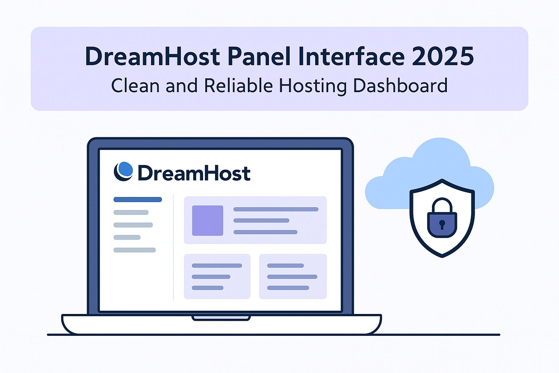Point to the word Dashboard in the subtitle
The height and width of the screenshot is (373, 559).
click(x=400, y=86)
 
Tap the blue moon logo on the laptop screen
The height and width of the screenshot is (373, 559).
click(x=123, y=171)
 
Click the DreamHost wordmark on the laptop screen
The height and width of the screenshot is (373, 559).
click(x=194, y=173)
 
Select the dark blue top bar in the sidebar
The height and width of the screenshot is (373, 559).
click(x=138, y=199)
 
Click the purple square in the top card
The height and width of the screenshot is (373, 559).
click(x=208, y=220)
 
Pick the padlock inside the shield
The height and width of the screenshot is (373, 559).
click(x=442, y=217)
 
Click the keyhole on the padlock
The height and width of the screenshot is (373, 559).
click(x=442, y=224)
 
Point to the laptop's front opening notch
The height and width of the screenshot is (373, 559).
click(x=221, y=318)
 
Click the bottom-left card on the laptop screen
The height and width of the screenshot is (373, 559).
click(x=217, y=276)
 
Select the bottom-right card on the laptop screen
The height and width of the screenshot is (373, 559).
click(x=293, y=276)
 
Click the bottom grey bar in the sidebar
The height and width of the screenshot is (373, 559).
click(x=135, y=250)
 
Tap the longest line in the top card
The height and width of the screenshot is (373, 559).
click(x=276, y=209)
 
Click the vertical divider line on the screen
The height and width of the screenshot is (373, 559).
click(x=173, y=247)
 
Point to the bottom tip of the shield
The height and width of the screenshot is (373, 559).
click(x=442, y=257)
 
